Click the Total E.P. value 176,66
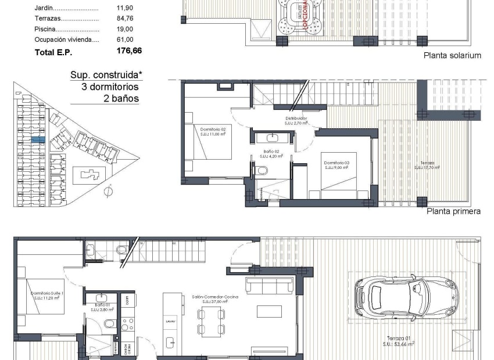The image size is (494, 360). pos(129,51)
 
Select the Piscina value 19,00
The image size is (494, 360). pos(125,29)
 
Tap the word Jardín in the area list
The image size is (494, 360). pos(44,8)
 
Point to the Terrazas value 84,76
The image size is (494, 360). pos(125,19)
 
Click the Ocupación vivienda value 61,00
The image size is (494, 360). pos(125,39)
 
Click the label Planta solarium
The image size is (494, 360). pos(452,56)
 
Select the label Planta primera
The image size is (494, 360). pos(453,211)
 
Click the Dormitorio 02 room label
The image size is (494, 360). pos(212,128)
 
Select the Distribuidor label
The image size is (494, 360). pos(296,118)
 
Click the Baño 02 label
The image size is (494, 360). pos(271,152)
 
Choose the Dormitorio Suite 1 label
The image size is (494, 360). pos(48,294)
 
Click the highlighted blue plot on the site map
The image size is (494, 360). pos(37,140)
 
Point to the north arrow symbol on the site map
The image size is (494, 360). pos(108,190)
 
